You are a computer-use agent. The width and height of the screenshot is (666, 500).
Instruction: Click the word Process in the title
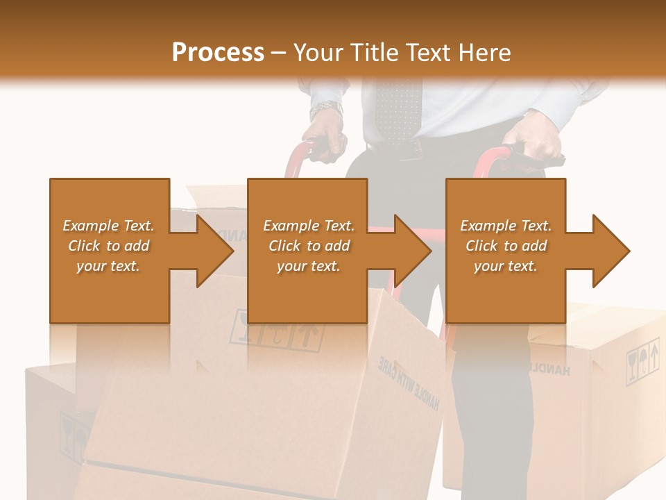click(218, 53)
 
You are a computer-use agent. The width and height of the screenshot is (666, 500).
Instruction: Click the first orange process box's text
click(108, 246)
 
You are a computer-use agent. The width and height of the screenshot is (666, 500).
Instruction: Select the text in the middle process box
click(308, 246)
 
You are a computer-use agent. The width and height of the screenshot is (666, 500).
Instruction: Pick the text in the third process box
click(506, 246)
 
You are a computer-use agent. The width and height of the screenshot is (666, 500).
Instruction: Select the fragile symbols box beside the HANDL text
click(642, 361)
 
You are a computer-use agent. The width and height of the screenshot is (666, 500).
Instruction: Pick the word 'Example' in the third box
click(486, 226)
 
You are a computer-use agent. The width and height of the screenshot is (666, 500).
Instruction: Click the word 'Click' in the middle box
click(285, 246)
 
